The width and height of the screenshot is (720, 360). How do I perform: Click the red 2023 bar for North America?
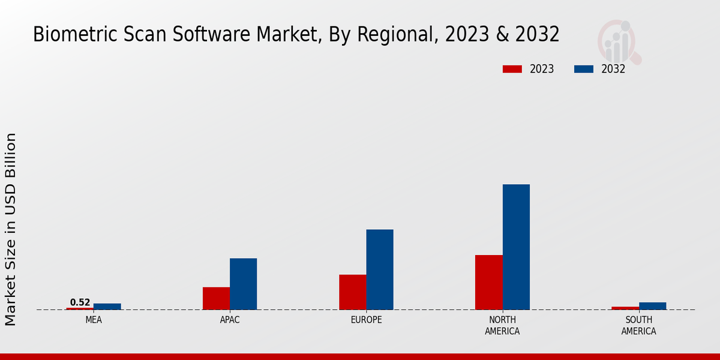488,282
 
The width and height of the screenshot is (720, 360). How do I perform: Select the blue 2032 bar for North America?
516,247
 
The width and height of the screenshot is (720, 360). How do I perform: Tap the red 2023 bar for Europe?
352,292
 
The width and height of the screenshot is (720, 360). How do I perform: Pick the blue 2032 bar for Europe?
380,269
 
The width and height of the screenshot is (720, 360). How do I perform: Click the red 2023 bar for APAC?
216,298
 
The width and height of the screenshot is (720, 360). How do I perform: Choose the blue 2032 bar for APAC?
243,284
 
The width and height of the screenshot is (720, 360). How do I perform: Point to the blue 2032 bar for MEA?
107,307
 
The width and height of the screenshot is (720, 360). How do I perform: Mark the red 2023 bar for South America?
625,308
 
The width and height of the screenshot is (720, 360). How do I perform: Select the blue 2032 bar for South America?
652,306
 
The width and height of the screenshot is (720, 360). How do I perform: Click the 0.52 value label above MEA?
80,302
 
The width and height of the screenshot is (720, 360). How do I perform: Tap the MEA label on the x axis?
94,320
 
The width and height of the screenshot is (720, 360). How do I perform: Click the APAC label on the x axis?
230,320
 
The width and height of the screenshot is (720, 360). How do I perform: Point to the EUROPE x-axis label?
366,320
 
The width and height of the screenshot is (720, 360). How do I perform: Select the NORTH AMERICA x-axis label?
502,325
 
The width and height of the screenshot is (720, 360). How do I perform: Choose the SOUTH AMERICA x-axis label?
638,325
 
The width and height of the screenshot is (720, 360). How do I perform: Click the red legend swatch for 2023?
512,69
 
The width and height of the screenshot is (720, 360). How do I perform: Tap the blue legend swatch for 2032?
583,69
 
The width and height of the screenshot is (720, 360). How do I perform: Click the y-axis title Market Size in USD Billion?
11,229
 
